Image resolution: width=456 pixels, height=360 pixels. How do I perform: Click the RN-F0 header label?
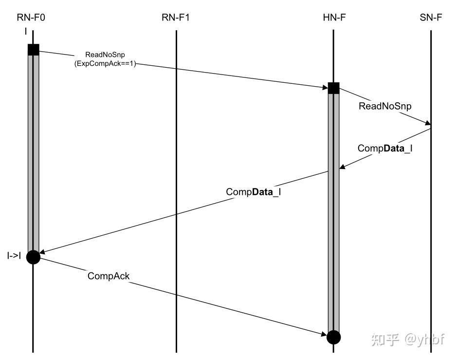pyautogui.click(x=33, y=19)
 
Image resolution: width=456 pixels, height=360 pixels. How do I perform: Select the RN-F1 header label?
pyautogui.click(x=176, y=19)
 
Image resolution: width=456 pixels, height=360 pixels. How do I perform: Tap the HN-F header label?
pyautogui.click(x=334, y=19)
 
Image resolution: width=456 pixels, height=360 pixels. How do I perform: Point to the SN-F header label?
pyautogui.click(x=431, y=19)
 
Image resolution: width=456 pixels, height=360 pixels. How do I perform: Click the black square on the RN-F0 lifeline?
pyautogui.click(x=33, y=50)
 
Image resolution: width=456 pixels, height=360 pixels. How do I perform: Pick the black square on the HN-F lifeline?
pyautogui.click(x=333, y=88)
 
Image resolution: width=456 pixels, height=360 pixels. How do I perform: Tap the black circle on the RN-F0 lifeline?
pyautogui.click(x=33, y=256)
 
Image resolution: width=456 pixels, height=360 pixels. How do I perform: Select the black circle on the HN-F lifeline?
pyautogui.click(x=333, y=337)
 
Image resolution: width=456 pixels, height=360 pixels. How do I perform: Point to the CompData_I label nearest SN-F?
pyautogui.click(x=384, y=148)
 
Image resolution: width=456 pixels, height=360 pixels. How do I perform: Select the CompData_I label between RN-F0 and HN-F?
pyautogui.click(x=254, y=191)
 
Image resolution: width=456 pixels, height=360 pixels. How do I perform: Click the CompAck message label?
pyautogui.click(x=109, y=276)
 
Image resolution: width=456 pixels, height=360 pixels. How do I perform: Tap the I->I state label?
pyautogui.click(x=14, y=255)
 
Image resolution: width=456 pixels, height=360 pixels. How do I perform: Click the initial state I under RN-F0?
pyautogui.click(x=25, y=31)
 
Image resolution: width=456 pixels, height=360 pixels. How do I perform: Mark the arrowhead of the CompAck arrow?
pyautogui.click(x=324, y=334)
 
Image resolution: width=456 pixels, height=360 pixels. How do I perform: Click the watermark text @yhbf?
pyautogui.click(x=424, y=339)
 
